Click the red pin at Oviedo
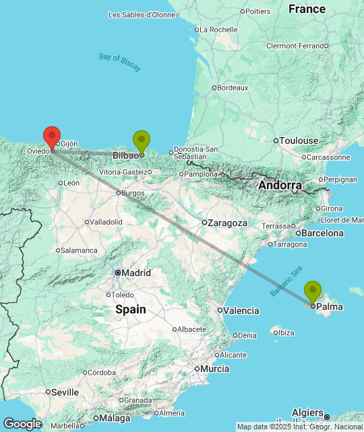coord(52,138)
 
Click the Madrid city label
coord(136,273)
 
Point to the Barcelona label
coord(323,234)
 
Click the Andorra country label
coord(279,186)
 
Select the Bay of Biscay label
coord(120,61)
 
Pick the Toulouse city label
coord(299,140)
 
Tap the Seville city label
coord(65,391)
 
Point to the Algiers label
coord(308,412)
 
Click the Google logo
coord(22,423)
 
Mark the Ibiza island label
coord(286,332)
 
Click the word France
coord(307,9)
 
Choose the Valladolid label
coord(107,221)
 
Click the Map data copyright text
coord(300,427)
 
